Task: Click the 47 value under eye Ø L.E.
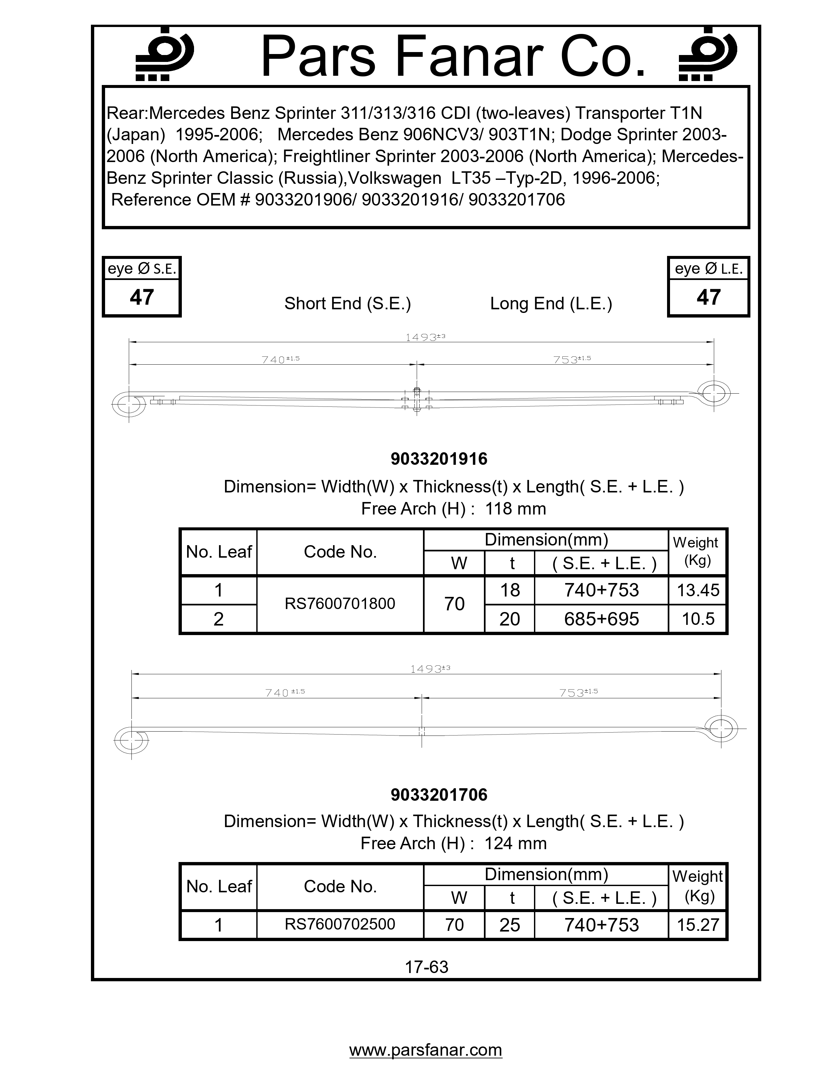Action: (x=708, y=297)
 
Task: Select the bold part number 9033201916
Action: (x=439, y=459)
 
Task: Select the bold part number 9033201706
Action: (x=439, y=794)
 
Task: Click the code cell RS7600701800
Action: (x=340, y=604)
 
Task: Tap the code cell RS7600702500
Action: (x=340, y=924)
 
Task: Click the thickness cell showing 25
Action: (x=510, y=925)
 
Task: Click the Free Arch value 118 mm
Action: (x=516, y=509)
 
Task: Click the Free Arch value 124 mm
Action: (x=516, y=843)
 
